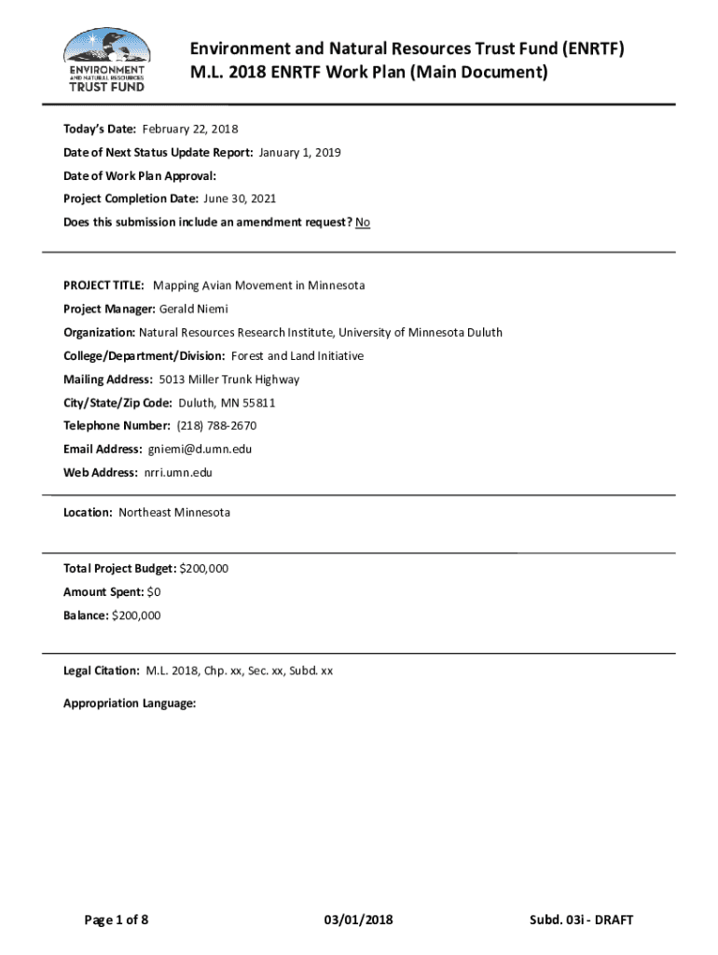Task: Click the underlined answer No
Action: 363,223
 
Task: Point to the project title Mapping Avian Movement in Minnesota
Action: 258,285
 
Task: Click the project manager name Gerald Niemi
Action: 194,309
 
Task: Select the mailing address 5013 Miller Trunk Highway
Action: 229,380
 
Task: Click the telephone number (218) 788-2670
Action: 216,426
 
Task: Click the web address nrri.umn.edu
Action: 178,473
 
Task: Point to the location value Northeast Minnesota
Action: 174,513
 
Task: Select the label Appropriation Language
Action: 130,704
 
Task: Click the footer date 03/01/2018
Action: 358,920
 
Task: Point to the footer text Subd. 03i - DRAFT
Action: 580,920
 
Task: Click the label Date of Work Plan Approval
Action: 140,175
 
